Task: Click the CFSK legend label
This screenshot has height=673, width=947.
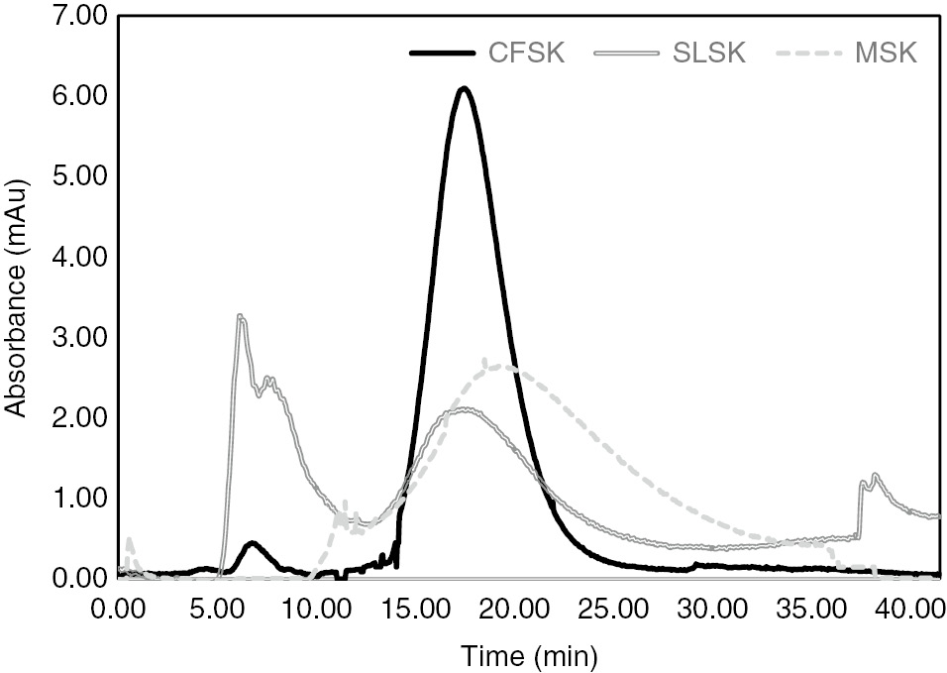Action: (526, 53)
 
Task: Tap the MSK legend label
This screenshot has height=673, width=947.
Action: (888, 53)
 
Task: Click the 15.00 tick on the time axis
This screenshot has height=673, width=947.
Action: (416, 607)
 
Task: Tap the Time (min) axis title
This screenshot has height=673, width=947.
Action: (528, 653)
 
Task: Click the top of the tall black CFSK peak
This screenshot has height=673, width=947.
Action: (463, 89)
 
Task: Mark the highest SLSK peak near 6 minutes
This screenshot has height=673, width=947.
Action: (240, 317)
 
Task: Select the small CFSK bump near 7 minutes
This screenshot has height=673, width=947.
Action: (253, 543)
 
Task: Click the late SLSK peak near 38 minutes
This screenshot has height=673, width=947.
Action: (875, 476)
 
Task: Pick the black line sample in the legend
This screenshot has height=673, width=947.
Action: (443, 53)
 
